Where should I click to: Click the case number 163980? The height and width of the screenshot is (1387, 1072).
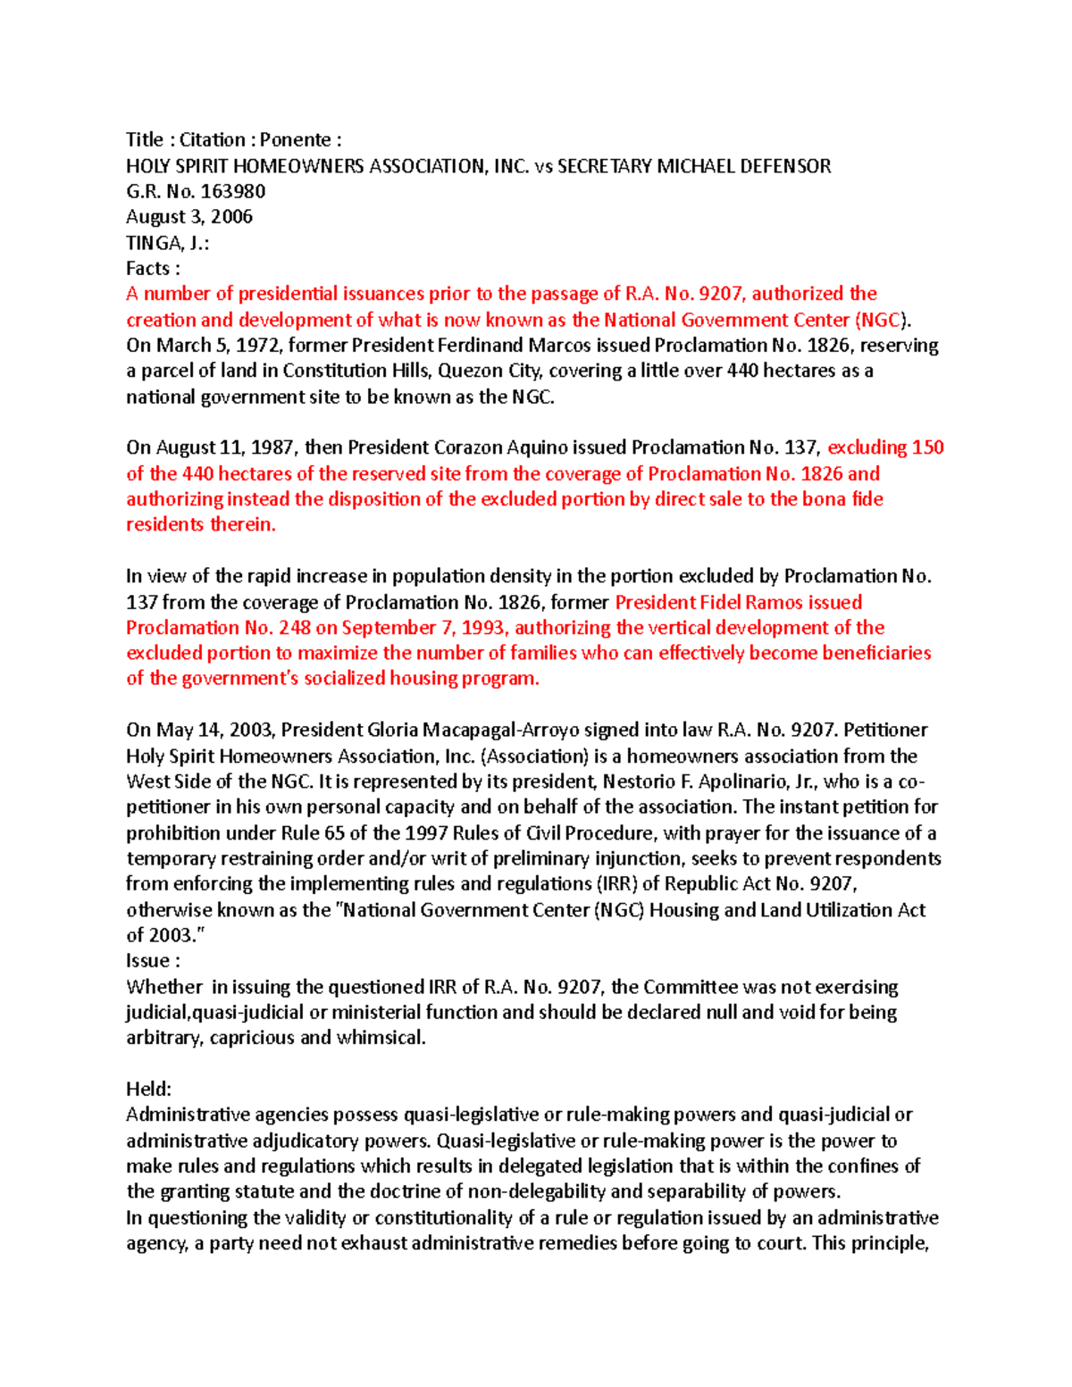pos(233,191)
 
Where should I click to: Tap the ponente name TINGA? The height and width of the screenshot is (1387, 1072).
pos(155,243)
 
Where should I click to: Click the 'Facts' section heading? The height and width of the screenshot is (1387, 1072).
pos(147,269)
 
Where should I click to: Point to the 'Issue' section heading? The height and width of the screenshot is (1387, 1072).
pos(147,961)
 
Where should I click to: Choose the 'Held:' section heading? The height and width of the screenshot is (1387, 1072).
pos(148,1090)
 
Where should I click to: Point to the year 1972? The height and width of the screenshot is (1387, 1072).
pos(257,346)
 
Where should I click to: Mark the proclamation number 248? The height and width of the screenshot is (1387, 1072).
pos(295,628)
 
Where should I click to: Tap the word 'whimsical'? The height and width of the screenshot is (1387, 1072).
pos(379,1038)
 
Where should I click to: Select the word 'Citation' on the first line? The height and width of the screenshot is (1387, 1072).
pos(213,140)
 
